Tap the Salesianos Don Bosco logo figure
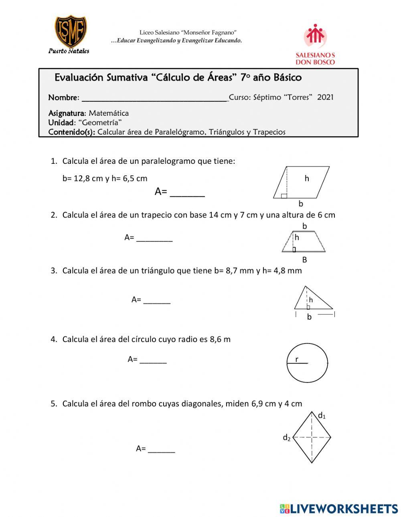coord(315,36)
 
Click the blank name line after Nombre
coord(154,98)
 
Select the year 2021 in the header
coord(325,97)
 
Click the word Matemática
coord(109,113)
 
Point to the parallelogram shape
coord(301,182)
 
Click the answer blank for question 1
coord(187,192)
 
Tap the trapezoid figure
coord(304,241)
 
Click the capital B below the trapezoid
coord(304,260)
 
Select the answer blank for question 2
coord(154,238)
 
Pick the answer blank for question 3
coord(157,300)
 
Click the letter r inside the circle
coord(297,359)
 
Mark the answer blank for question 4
coord(153,360)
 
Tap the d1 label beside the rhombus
coord(322,416)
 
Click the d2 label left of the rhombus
coord(286,438)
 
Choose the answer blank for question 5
coord(161,449)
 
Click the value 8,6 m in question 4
coord(220,339)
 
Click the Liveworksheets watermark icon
coord(285,509)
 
